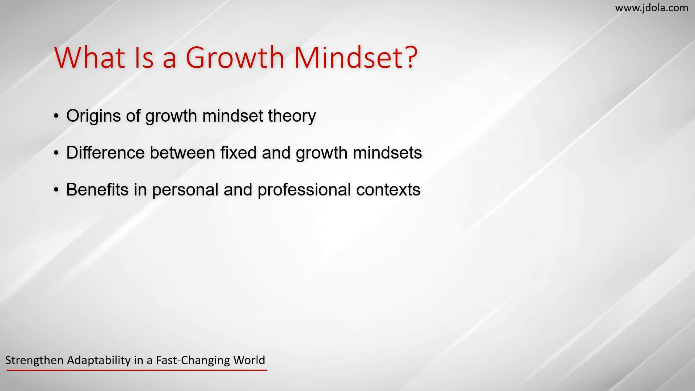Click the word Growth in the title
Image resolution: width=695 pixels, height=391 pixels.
coord(235,57)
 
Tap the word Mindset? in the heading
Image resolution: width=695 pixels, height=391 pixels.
coord(356,57)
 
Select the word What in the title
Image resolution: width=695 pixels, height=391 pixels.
coord(90,57)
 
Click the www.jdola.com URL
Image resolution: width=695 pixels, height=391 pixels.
coord(652,8)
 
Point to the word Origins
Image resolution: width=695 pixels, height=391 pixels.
coord(93,116)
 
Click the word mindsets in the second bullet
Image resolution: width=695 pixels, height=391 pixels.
coord(387,153)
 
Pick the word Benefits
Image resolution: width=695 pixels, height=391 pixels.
coord(97,190)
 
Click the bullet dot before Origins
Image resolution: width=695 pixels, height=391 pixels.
coord(56,116)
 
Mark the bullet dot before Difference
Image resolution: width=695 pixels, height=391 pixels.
coord(56,153)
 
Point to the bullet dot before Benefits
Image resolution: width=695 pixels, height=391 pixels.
coord(56,190)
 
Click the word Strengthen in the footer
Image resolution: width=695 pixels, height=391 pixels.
coord(34,361)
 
